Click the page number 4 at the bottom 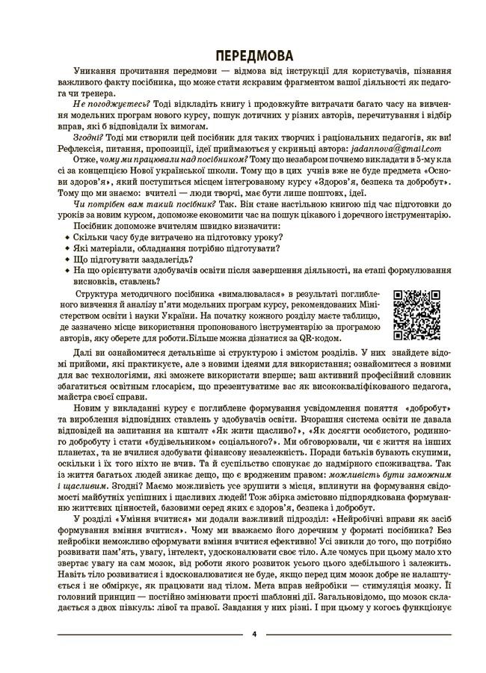tap(254, 634)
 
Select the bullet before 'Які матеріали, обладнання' tap(67, 248)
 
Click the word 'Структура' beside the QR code tap(99, 295)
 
